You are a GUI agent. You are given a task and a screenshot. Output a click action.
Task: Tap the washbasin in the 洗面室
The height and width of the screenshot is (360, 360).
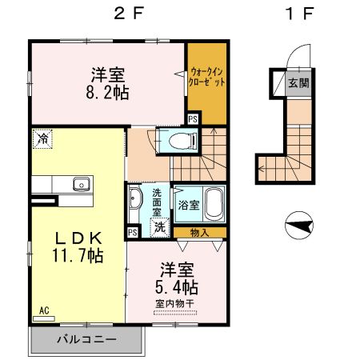point(135,200)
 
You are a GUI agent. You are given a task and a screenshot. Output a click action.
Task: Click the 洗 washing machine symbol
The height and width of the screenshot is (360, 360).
point(160,226)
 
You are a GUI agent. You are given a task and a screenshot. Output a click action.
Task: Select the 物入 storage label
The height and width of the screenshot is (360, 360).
point(201,233)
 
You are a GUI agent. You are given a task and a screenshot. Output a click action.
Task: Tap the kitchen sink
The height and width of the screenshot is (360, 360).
point(81,185)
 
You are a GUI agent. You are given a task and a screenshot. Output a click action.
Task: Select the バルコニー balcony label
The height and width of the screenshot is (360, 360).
point(86,339)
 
